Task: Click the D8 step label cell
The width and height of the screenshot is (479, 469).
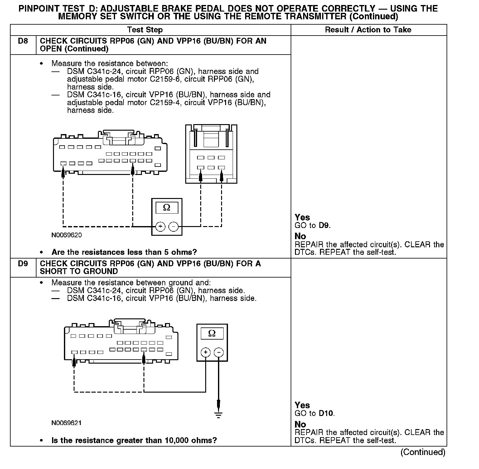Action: (x=23, y=41)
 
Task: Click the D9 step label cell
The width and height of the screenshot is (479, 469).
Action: (x=23, y=264)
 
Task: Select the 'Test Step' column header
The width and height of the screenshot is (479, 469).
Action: (x=145, y=30)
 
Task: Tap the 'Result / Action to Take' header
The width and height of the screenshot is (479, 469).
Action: (x=368, y=30)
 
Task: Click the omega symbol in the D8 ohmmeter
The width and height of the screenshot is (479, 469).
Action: (x=167, y=208)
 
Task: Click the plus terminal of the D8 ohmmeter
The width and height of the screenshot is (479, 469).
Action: (x=160, y=227)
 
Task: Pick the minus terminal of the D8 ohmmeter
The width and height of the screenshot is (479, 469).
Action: (x=174, y=227)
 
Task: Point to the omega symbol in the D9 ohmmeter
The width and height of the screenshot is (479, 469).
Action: (x=212, y=334)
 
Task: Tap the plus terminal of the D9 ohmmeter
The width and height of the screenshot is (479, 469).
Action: (x=206, y=353)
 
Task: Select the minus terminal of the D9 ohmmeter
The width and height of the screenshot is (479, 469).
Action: (x=219, y=353)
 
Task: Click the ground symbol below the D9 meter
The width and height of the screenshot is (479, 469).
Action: (x=218, y=415)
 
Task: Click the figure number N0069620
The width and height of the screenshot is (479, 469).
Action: (x=67, y=235)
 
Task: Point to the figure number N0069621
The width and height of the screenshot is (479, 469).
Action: (x=67, y=423)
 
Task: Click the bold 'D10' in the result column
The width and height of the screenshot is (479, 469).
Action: (x=326, y=414)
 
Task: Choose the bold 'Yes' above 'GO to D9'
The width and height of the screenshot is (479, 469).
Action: (x=302, y=217)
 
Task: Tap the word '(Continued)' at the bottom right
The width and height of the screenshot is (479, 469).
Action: (x=423, y=452)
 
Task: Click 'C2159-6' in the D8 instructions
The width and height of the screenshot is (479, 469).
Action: (x=166, y=79)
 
